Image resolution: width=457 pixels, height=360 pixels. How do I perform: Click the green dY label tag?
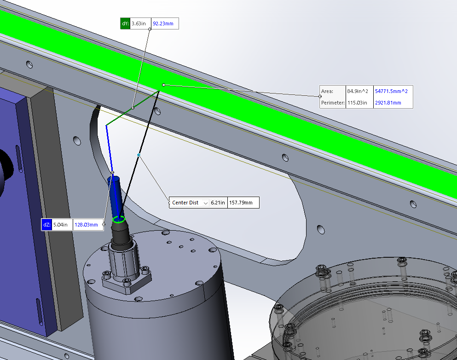pyautogui.click(x=125, y=23)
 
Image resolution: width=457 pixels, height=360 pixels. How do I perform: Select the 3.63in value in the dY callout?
pyautogui.click(x=139, y=23)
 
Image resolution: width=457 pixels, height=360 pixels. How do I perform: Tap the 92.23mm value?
pyautogui.click(x=163, y=23)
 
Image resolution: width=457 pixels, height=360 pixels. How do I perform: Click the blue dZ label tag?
pyautogui.click(x=46, y=225)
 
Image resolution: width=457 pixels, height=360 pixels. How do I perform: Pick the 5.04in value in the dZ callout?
pyautogui.click(x=60, y=225)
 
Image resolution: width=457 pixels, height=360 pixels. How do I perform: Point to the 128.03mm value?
pyautogui.click(x=86, y=225)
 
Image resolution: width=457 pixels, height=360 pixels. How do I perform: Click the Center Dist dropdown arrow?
pyautogui.click(x=205, y=203)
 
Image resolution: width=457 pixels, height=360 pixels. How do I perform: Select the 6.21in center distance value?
pyautogui.click(x=218, y=203)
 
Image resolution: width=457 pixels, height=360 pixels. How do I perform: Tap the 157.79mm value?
pyautogui.click(x=241, y=203)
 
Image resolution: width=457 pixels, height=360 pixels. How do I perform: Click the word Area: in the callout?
pyautogui.click(x=327, y=91)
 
